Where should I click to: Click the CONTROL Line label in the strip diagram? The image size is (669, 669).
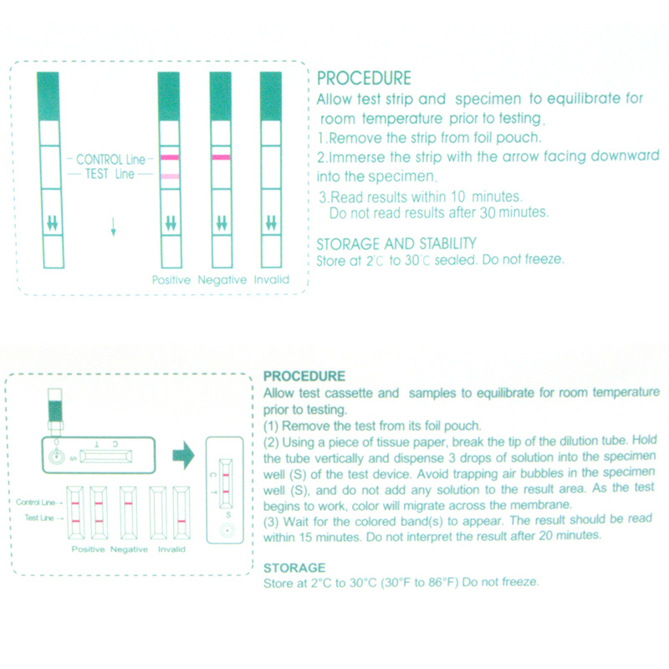tap(111, 160)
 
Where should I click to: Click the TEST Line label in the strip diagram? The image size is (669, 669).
tap(110, 174)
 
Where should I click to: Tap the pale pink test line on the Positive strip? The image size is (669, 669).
tap(170, 176)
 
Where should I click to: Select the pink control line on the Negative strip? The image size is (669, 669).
tap(221, 157)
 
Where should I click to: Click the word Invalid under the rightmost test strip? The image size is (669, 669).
tap(271, 279)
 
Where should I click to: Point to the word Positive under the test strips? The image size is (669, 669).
tap(171, 280)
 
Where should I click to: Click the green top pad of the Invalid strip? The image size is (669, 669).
tap(271, 96)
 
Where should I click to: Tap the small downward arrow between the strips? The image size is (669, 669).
tap(113, 227)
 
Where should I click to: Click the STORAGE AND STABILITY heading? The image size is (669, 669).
tap(396, 243)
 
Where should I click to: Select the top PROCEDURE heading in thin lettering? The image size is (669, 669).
tap(364, 79)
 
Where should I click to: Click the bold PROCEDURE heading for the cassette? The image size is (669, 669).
tap(304, 375)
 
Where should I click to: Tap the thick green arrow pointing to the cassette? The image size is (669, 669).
tap(183, 456)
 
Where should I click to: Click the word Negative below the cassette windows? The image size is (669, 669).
tap(129, 549)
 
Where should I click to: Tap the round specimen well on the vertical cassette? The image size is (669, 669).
tap(227, 531)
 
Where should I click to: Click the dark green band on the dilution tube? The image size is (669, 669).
tap(55, 411)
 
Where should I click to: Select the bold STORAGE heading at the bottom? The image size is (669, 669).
tap(294, 568)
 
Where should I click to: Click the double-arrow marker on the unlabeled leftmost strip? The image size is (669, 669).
tap(53, 223)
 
